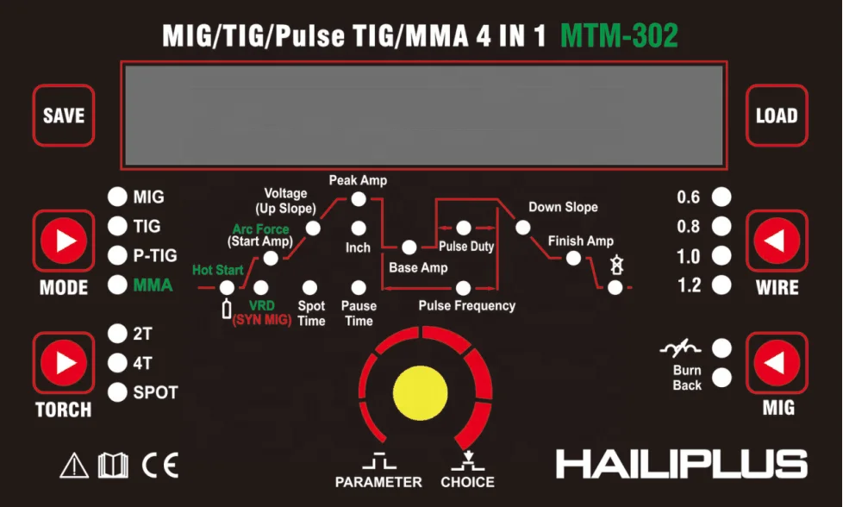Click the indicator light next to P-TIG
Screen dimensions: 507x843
(x=116, y=256)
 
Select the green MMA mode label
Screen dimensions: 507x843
(x=153, y=285)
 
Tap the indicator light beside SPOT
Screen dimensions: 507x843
(x=116, y=392)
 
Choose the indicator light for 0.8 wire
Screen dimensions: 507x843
(x=721, y=228)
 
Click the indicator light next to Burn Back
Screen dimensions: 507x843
(x=721, y=377)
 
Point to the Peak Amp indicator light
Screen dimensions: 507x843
(x=359, y=199)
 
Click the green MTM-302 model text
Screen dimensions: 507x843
(x=619, y=35)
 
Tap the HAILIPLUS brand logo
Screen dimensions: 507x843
(x=681, y=464)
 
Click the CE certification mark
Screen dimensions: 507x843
(x=159, y=466)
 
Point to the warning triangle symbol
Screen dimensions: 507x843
(x=74, y=466)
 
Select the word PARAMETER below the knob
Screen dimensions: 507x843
(x=378, y=482)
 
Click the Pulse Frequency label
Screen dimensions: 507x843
(x=466, y=306)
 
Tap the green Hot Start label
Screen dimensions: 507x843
(x=217, y=271)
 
